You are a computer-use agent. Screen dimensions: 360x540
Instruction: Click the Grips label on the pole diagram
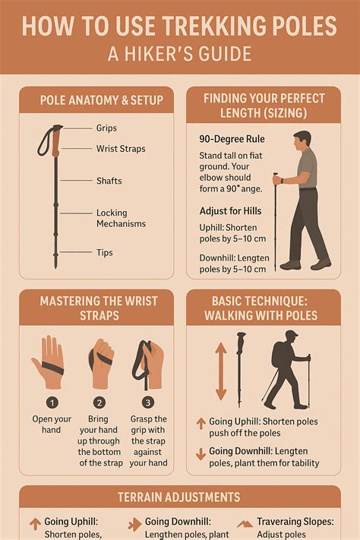click(106, 128)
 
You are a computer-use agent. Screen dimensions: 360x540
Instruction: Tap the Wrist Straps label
click(121, 149)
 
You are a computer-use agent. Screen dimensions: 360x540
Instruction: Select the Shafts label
click(109, 181)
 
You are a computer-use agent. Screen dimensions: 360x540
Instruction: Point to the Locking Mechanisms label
click(121, 218)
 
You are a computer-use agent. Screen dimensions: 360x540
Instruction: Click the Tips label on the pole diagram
click(104, 252)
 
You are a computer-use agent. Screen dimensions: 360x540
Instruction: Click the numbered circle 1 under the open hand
click(52, 403)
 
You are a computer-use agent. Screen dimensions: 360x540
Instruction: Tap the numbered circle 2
click(99, 403)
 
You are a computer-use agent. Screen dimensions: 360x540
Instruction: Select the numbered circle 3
click(148, 403)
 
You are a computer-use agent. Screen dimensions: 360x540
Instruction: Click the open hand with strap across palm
click(49, 362)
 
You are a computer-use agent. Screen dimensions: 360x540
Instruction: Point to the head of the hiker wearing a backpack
click(291, 339)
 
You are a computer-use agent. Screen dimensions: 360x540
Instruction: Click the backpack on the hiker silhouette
click(278, 355)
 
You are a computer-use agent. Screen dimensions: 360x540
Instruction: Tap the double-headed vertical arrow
click(221, 371)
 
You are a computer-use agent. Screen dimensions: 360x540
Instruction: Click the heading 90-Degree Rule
click(232, 139)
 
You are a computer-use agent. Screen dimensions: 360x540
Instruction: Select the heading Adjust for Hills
click(230, 211)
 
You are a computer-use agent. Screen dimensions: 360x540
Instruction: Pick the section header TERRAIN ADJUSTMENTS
click(178, 497)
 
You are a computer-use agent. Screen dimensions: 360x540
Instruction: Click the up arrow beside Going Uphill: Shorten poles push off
click(201, 423)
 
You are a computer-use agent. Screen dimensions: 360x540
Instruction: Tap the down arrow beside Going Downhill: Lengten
click(201, 454)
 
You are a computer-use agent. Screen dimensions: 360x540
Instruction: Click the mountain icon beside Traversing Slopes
click(245, 524)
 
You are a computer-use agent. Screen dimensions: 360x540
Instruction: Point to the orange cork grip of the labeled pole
click(56, 141)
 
